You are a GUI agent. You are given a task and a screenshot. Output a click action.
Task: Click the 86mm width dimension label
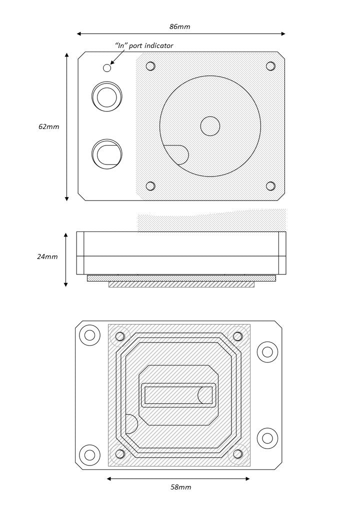[179, 27]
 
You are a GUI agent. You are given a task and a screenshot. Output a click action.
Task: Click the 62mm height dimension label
[48, 127]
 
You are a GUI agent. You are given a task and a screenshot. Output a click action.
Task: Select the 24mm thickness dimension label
[47, 257]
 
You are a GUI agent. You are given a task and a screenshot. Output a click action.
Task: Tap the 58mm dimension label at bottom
[180, 487]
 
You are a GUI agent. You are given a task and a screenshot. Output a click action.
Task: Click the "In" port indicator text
[144, 46]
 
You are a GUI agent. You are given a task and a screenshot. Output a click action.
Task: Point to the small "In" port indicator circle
[107, 68]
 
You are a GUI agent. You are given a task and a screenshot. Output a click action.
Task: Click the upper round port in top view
[107, 97]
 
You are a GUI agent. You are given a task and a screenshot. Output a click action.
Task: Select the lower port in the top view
[107, 154]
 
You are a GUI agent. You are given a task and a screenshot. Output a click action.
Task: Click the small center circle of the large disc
[210, 126]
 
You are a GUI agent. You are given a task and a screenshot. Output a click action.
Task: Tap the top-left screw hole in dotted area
[150, 66]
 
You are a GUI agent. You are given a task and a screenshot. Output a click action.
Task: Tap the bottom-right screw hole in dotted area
[270, 186]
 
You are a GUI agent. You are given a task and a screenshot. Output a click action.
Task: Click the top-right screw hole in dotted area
[270, 66]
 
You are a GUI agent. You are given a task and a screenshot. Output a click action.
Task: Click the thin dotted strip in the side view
[181, 278]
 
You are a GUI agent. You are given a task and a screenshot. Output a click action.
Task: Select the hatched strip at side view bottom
[181, 284]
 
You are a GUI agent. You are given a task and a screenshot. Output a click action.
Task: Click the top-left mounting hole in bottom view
[89, 335]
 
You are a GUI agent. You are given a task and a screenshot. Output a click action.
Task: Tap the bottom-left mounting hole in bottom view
[89, 455]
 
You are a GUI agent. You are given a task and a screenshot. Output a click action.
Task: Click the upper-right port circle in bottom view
[267, 352]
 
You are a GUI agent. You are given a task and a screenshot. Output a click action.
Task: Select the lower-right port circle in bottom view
[267, 438]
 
